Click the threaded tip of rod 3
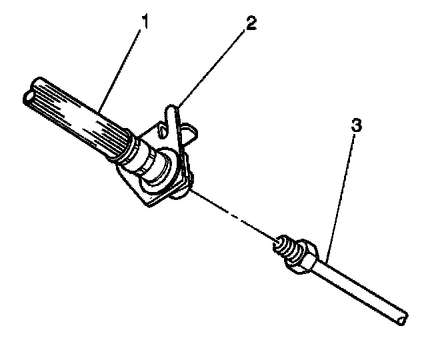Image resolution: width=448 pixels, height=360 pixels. click(283, 245)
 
